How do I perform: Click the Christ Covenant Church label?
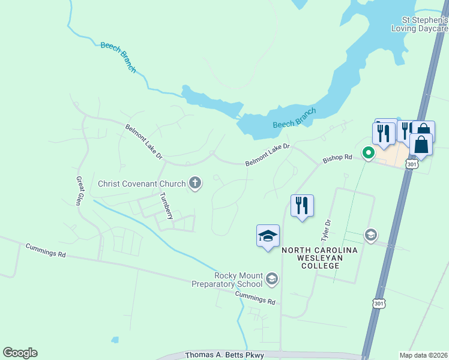click(x=142, y=184)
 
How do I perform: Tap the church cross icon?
click(x=194, y=184)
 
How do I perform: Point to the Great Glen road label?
click(x=79, y=191)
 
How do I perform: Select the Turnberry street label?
click(x=167, y=206)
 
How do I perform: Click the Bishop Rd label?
click(x=337, y=158)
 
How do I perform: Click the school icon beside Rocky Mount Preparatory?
click(x=272, y=278)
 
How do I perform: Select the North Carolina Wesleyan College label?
click(x=319, y=254)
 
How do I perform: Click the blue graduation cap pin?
click(x=268, y=236)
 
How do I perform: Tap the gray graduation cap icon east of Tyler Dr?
click(x=370, y=235)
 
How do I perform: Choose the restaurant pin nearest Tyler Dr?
click(x=301, y=206)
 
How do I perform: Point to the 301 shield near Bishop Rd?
click(x=411, y=163)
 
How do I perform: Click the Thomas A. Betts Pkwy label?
click(x=224, y=356)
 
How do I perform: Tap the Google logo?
click(x=20, y=353)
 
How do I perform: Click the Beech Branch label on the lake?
click(x=294, y=117)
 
